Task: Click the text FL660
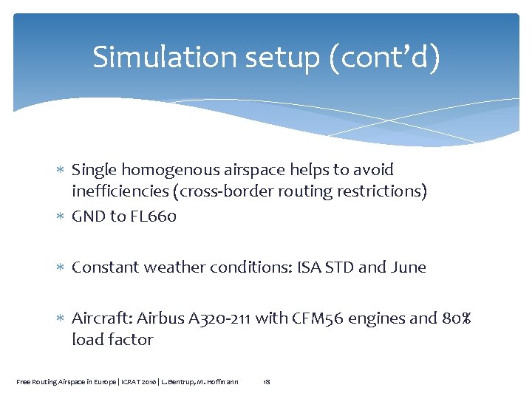[152, 216]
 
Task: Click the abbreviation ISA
[307, 267]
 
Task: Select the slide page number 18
[267, 381]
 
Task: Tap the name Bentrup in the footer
[191, 381]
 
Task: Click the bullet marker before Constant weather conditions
[62, 267]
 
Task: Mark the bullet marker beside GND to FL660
[62, 217]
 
